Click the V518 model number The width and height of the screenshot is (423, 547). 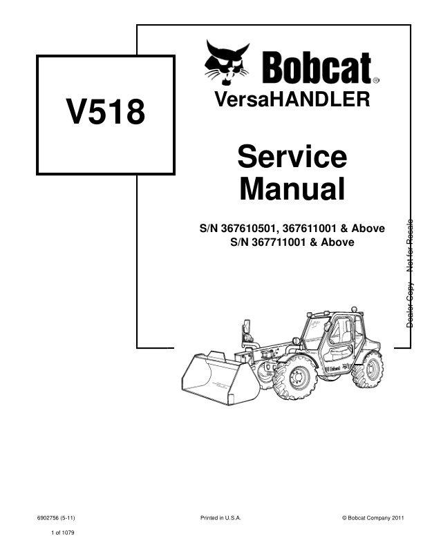click(105, 112)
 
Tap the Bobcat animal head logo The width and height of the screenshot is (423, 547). click(227, 62)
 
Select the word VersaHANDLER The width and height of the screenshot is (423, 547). click(292, 99)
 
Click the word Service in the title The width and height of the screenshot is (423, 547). click(292, 157)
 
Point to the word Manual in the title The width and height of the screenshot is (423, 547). click(292, 189)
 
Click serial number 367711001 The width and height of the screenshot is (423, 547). click(279, 242)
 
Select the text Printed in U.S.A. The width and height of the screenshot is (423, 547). click(220, 518)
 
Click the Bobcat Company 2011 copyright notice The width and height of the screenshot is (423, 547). click(373, 518)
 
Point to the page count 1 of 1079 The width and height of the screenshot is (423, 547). click(62, 532)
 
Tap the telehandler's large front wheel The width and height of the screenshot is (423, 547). click(295, 378)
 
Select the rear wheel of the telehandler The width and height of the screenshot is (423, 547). click(368, 370)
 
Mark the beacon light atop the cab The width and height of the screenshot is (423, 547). click(355, 309)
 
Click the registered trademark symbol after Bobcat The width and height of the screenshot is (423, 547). click(376, 80)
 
